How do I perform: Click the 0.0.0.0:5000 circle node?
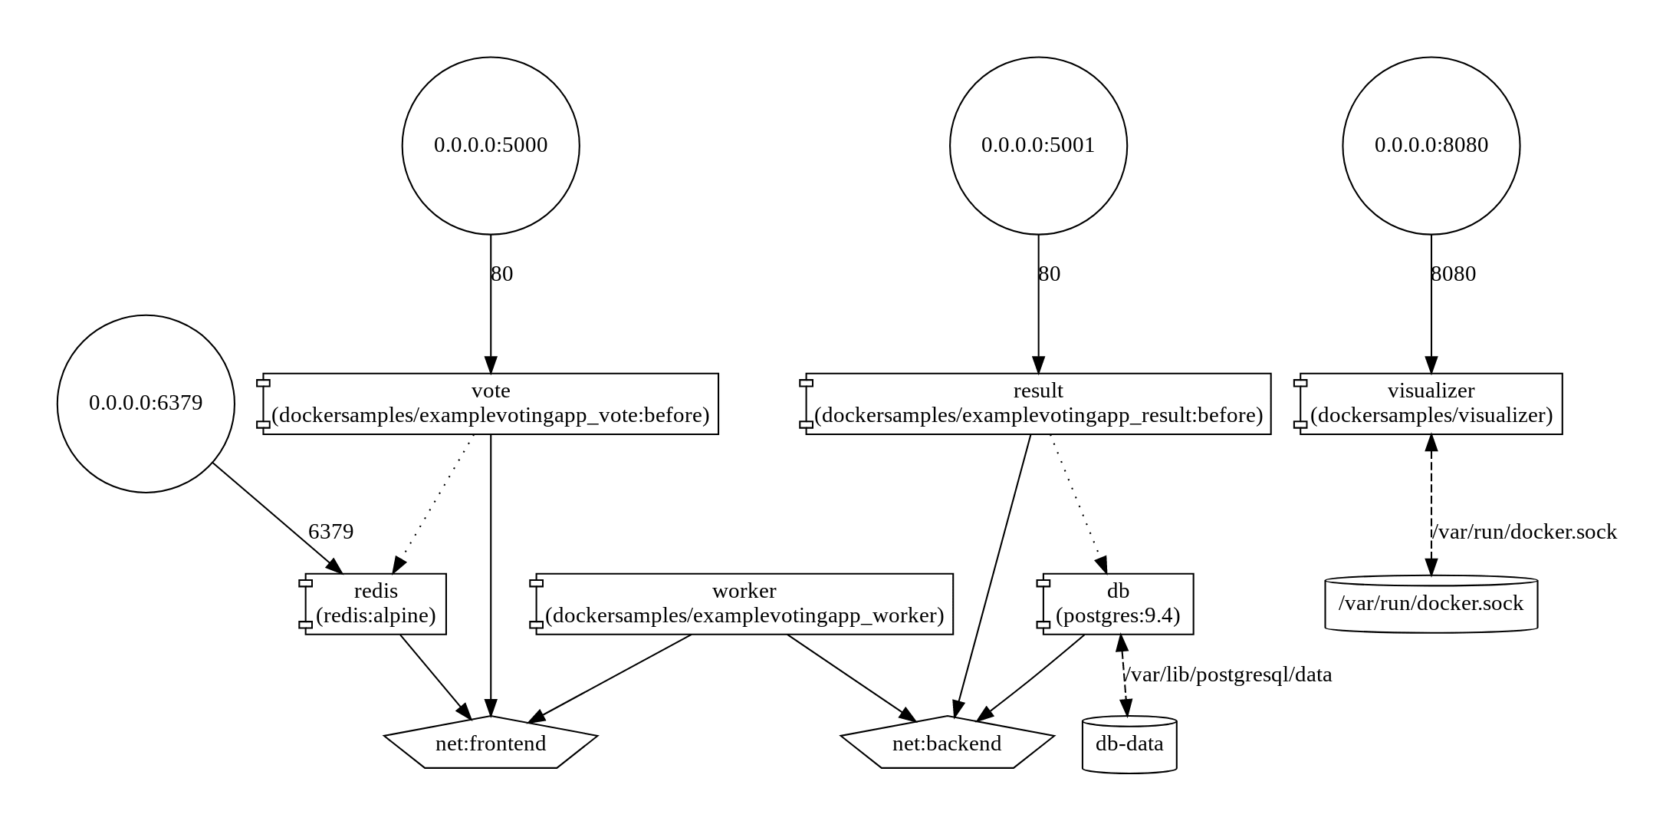491,145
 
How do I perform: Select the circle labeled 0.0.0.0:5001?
1038,145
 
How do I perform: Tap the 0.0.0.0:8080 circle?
1431,145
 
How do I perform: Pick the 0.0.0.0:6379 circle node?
146,404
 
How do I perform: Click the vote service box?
491,404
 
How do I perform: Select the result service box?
1038,404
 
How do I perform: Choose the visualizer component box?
1431,404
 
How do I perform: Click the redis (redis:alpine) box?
376,604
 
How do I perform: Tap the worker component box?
744,604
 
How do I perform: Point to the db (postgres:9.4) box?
1118,604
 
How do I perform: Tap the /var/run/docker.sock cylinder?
1431,604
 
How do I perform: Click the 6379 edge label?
330,531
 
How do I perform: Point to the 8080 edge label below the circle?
1453,274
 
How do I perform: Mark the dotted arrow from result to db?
1077,503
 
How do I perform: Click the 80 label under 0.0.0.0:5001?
1049,274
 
